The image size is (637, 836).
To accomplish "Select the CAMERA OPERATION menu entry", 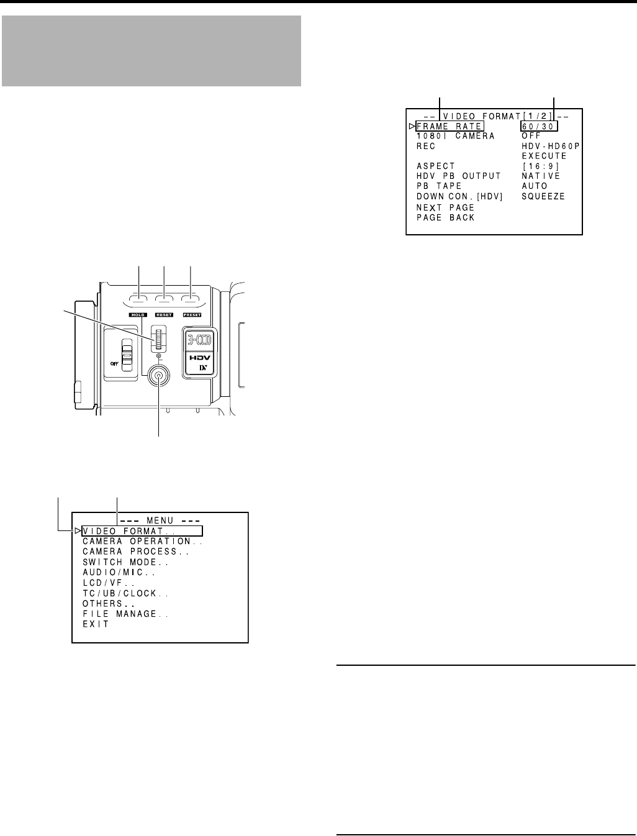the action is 143,542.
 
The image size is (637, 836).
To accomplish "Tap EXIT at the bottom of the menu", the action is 96,624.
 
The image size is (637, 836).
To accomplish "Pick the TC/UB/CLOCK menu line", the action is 125,593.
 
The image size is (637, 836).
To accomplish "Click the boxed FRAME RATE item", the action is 449,126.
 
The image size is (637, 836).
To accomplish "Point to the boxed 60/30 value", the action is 540,126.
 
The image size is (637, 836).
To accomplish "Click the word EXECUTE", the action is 544,156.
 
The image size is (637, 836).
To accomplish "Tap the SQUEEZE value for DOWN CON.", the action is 543,197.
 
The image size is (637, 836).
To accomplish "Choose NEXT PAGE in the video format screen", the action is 445,207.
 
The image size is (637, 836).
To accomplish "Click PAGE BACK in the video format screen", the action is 445,218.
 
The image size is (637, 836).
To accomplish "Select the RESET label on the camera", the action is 166,316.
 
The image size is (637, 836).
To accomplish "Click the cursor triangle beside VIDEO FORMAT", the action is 77,531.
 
